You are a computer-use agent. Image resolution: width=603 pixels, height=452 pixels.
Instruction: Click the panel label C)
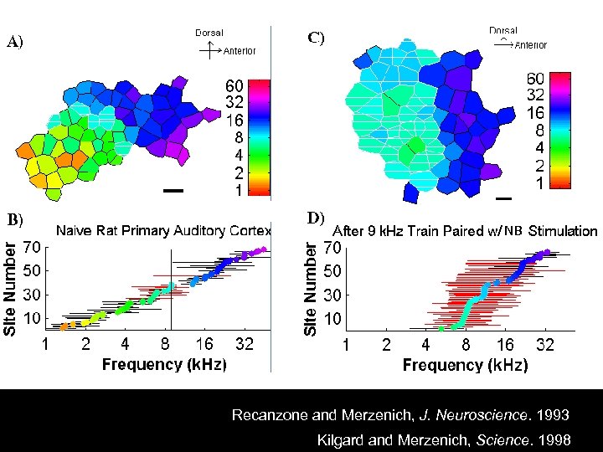(316, 38)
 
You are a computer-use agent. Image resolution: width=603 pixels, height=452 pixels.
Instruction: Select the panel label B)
(15, 221)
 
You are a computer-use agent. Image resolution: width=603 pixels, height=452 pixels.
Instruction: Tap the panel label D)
(316, 218)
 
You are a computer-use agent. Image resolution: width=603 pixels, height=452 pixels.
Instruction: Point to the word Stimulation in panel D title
(563, 231)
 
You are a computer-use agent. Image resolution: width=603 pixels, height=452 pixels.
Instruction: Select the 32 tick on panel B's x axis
(245, 344)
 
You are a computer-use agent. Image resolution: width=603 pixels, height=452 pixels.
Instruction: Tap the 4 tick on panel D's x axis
(425, 344)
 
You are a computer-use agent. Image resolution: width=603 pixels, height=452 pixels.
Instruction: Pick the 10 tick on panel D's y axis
(332, 319)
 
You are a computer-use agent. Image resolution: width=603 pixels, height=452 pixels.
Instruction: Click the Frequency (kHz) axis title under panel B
(164, 364)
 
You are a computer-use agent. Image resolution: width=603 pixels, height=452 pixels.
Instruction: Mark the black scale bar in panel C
(503, 199)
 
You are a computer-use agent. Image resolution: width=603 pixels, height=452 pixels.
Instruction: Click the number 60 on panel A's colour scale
(234, 86)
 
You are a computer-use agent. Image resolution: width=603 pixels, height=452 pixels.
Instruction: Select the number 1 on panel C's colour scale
(534, 182)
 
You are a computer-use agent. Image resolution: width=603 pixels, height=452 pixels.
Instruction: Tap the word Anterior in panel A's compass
(240, 51)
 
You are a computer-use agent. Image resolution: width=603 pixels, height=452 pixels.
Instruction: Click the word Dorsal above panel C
(502, 30)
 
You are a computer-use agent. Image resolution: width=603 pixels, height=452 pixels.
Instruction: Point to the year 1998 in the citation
(553, 439)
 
